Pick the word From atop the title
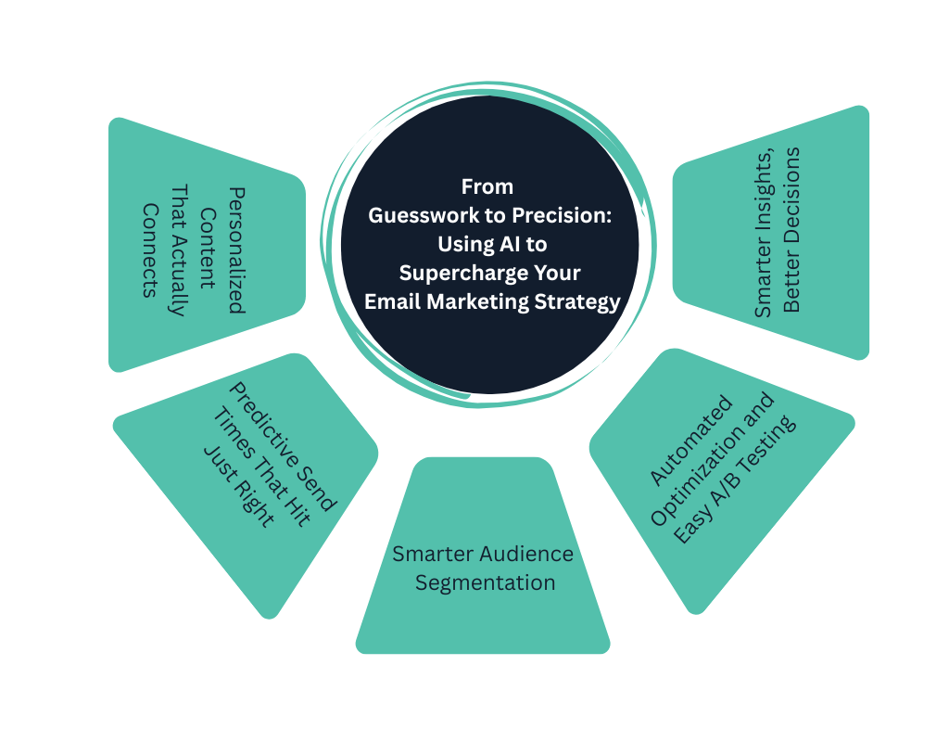pyautogui.click(x=487, y=186)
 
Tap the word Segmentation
pyautogui.click(x=485, y=582)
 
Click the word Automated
pyautogui.click(x=690, y=441)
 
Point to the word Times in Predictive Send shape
pyautogui.click(x=226, y=427)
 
